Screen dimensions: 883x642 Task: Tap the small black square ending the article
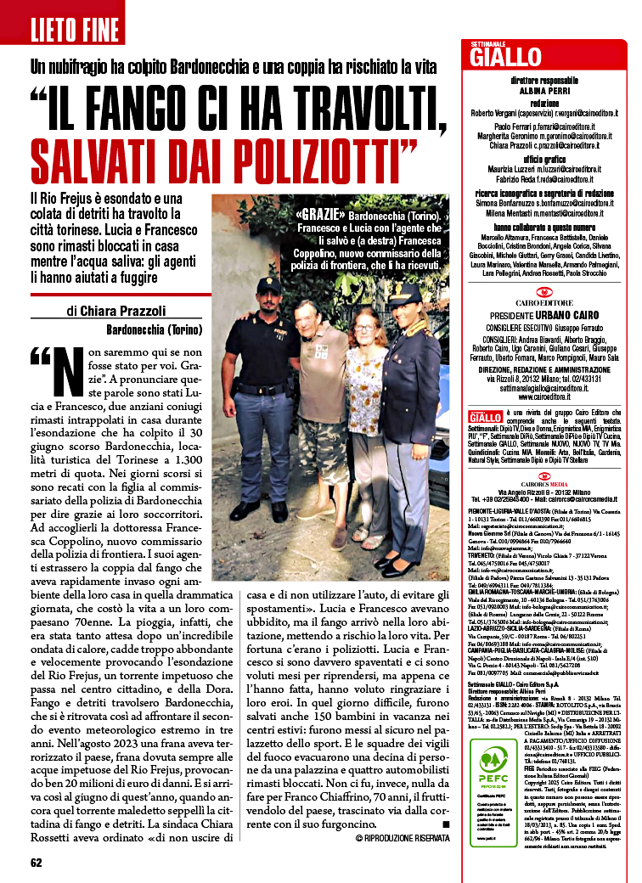446,824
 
